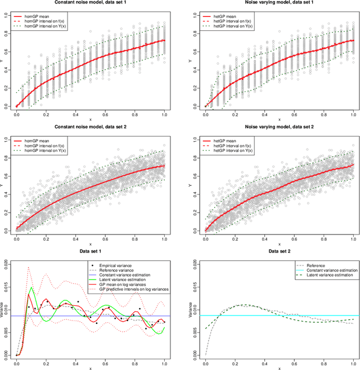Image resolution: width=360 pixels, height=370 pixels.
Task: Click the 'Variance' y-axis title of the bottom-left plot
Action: [x=3, y=308]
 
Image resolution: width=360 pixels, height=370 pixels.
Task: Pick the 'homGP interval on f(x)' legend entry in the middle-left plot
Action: [x=49, y=147]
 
